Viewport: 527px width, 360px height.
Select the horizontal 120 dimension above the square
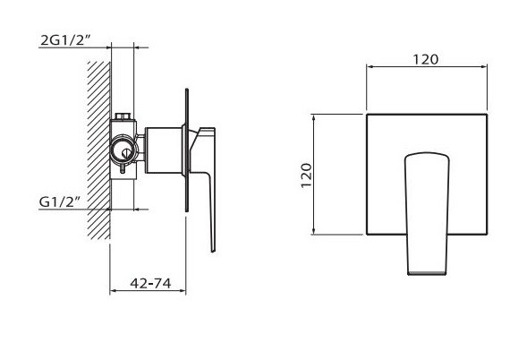(425, 59)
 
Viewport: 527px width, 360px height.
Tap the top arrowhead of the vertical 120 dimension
(315, 117)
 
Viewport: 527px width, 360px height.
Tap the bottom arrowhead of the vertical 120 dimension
(315, 236)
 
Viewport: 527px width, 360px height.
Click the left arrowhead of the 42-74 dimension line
(112, 292)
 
